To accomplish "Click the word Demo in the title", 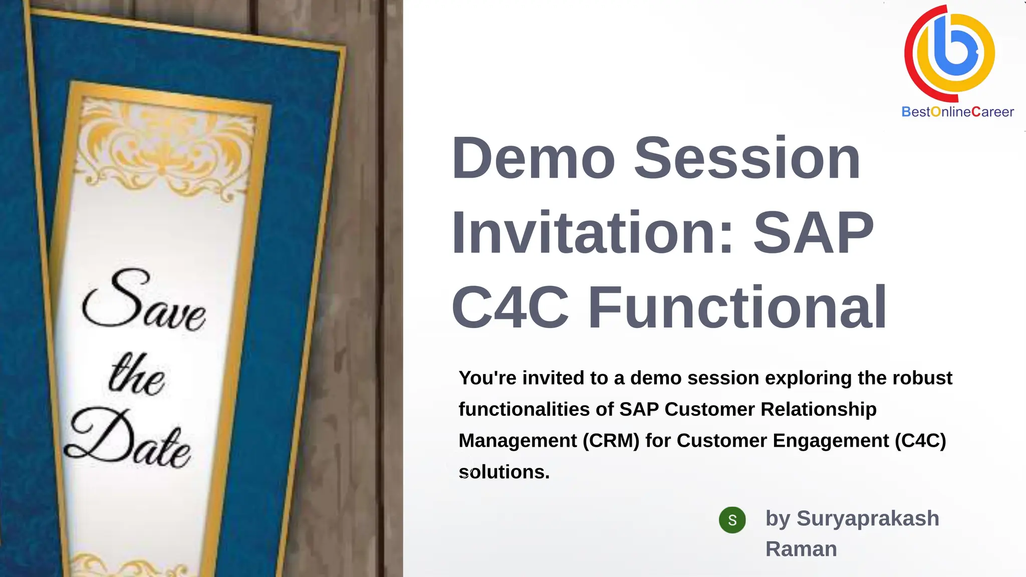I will point(533,159).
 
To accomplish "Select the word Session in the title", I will point(747,159).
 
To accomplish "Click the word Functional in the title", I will point(737,307).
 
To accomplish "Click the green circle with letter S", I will point(732,520).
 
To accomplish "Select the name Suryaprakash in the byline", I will point(868,518).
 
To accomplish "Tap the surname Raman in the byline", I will point(801,549).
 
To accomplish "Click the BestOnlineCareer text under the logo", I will point(957,112).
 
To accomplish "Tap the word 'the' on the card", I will point(136,376).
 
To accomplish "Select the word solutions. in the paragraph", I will point(504,472).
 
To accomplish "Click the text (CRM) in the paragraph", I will point(611,441).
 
